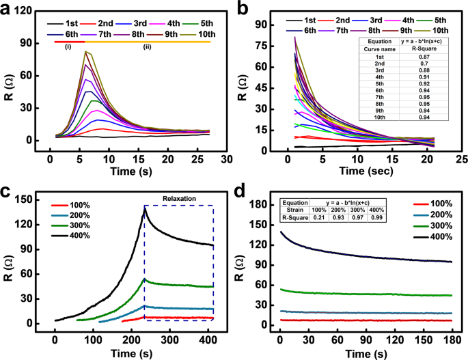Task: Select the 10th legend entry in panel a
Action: pos(203,31)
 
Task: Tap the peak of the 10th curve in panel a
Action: pos(85,51)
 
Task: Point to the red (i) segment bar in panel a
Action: pos(68,42)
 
